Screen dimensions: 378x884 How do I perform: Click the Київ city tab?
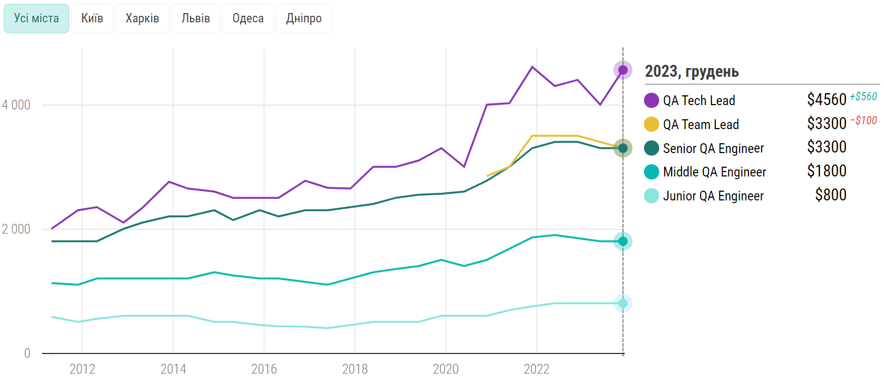pos(92,19)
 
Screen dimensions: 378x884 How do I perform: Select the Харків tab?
pos(142,19)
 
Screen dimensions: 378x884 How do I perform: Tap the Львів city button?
pos(195,19)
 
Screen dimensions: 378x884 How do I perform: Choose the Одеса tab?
pos(248,19)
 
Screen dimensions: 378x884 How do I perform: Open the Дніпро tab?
pos(304,19)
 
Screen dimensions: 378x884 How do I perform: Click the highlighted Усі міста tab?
pos(36,19)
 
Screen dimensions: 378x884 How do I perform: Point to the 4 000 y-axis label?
pos(16,105)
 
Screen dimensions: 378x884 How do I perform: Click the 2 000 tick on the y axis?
pos(16,229)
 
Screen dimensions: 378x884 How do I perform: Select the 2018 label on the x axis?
pos(355,369)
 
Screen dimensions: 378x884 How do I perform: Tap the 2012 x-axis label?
pos(82,369)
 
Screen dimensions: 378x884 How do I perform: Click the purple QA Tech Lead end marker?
pos(623,70)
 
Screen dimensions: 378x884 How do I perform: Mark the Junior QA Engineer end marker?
pos(623,303)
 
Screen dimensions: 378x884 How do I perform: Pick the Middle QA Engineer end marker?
pos(623,241)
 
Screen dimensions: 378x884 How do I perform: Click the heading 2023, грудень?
pos(692,71)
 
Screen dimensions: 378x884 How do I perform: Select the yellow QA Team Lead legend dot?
pos(651,124)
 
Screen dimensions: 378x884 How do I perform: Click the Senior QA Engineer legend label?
pos(713,149)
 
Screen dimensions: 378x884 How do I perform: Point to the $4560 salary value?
pos(826,100)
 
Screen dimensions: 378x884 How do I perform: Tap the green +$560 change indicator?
pos(863,96)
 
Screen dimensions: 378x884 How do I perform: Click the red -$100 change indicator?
pos(864,120)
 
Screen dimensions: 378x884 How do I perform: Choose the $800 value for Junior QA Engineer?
pos(831,195)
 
